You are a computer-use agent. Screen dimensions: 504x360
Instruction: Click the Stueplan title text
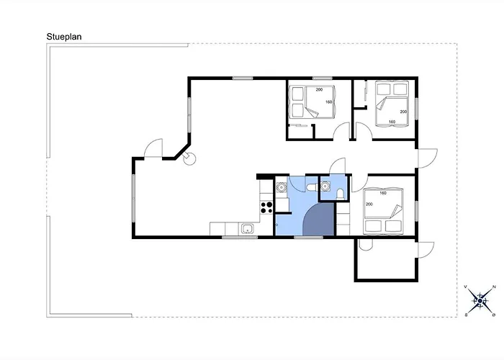point(64,37)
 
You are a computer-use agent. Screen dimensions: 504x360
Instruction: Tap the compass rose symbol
point(480,301)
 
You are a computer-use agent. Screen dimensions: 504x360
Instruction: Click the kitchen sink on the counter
point(247,229)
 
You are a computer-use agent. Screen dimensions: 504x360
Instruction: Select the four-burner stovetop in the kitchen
point(266,207)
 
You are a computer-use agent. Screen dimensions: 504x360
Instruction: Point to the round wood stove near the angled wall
point(189,158)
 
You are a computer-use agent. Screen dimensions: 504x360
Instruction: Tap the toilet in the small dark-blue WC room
point(340,194)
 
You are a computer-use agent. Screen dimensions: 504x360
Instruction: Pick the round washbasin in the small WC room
point(325,186)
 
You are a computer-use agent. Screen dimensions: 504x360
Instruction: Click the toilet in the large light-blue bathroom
point(312,186)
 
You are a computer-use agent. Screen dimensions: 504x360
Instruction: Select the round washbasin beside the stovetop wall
point(282,186)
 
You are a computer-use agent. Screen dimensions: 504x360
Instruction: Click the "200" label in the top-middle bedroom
point(319,90)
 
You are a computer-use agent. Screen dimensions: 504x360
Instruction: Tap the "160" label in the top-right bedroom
point(392,122)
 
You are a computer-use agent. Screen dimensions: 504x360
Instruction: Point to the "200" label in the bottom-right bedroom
point(369,204)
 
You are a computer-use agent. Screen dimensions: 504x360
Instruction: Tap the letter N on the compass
point(495,287)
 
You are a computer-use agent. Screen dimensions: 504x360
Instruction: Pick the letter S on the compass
point(466,315)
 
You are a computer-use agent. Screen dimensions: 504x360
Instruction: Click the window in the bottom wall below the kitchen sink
point(240,237)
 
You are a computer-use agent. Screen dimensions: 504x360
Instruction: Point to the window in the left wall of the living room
point(134,198)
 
